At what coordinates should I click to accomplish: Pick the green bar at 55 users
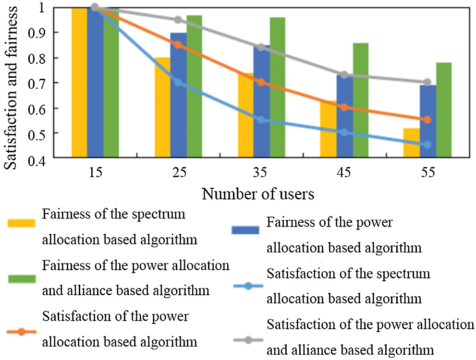tap(444, 110)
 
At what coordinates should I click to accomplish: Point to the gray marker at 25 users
tap(178, 20)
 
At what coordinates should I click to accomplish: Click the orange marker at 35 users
tap(261, 82)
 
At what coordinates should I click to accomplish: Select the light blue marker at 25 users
tap(178, 82)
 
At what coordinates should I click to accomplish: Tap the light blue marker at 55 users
tap(427, 144)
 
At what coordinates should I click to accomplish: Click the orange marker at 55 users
tap(427, 120)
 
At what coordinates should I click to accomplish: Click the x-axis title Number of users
tap(258, 194)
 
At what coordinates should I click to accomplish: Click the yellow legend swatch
tap(22, 223)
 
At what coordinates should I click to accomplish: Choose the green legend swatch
tap(22, 279)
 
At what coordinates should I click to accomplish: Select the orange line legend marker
tap(22, 331)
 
